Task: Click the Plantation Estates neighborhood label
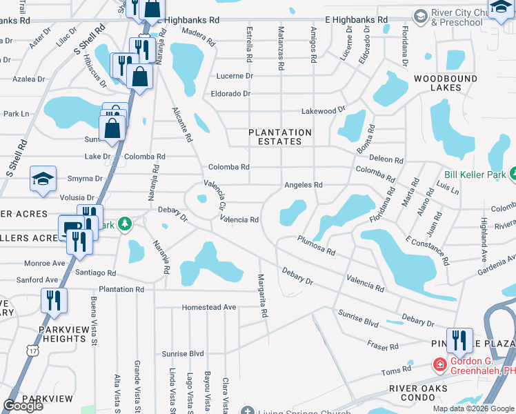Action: (280, 137)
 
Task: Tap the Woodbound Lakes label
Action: (445, 83)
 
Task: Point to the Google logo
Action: (23, 406)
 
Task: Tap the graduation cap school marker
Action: (43, 179)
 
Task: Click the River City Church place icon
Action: (420, 15)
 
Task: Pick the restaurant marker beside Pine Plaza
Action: (459, 339)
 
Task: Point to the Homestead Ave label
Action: (209, 307)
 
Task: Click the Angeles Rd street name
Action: (304, 185)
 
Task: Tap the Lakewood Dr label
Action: (323, 110)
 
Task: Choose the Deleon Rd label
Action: (390, 159)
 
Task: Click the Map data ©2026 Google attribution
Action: (473, 408)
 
